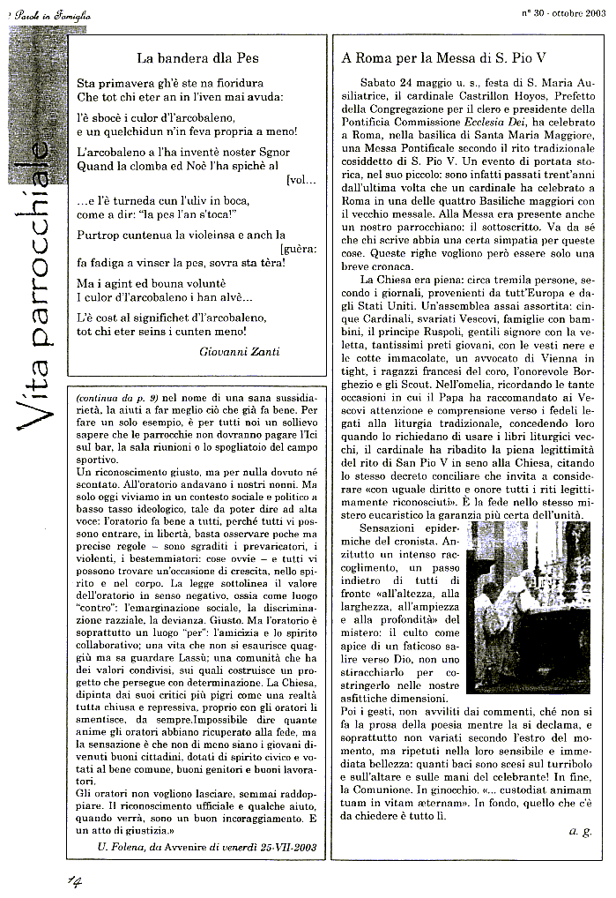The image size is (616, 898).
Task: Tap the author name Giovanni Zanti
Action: [241, 350]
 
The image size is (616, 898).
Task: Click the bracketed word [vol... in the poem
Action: [301, 180]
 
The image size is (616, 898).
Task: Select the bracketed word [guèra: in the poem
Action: [299, 250]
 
